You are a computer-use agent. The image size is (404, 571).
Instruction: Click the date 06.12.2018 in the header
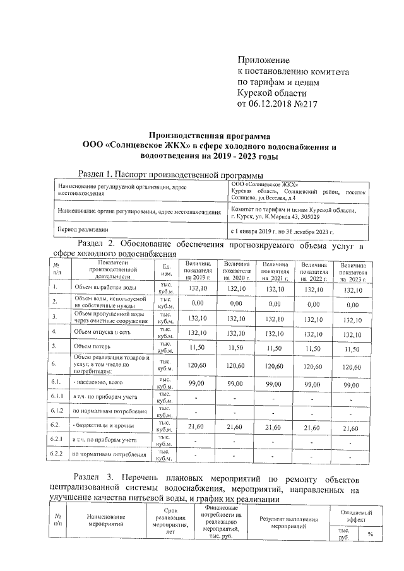pyautogui.click(x=274, y=104)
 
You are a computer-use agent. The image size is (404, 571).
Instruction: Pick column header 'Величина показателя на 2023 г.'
pyautogui.click(x=354, y=271)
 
